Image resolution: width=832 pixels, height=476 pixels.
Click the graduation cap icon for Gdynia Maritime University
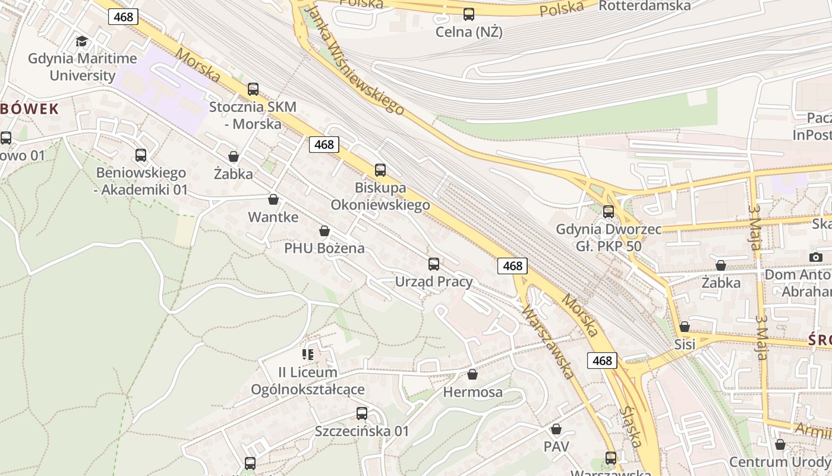[81, 41]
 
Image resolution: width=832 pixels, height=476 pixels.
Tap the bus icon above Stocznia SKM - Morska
[253, 89]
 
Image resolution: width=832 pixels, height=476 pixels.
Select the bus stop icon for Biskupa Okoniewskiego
[380, 170]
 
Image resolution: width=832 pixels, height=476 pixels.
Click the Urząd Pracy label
[434, 281]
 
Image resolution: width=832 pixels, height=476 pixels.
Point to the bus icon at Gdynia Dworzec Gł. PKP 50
[608, 212]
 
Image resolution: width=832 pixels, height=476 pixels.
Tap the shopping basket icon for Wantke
[273, 199]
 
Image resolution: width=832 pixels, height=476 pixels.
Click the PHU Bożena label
[324, 248]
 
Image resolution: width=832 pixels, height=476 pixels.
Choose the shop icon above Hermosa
[472, 374]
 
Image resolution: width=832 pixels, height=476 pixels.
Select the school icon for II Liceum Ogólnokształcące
[308, 355]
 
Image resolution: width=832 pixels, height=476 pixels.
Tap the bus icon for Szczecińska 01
[361, 414]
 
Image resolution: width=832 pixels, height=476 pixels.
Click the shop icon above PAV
[556, 429]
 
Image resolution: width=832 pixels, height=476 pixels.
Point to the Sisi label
[685, 345]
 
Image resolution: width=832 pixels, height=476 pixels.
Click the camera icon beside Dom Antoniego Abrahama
[816, 257]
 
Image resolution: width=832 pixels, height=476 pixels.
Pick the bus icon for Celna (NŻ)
[469, 14]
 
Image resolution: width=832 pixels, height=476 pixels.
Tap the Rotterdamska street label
[644, 6]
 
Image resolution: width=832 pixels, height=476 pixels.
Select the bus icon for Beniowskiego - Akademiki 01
[141, 155]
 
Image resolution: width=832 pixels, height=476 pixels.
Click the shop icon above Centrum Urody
[780, 444]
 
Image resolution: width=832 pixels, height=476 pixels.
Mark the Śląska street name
[630, 427]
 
